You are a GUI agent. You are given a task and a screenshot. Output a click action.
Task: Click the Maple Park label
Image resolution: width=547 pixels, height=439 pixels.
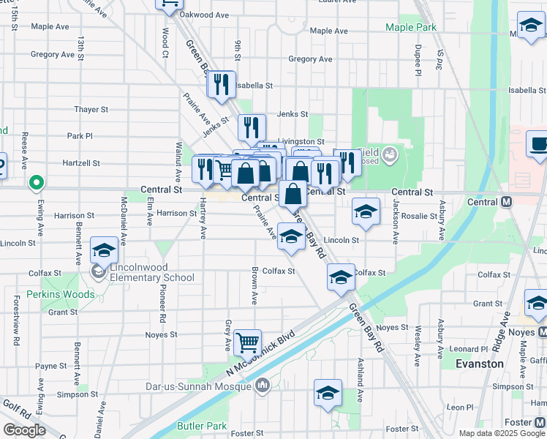click(x=412, y=27)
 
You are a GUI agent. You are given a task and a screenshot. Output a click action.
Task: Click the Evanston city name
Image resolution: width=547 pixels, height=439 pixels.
click(x=480, y=364)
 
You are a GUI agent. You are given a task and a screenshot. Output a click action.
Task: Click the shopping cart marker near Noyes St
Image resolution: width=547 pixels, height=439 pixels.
click(x=248, y=341)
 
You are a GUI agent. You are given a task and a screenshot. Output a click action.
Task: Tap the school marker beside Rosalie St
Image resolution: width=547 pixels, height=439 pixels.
click(x=366, y=211)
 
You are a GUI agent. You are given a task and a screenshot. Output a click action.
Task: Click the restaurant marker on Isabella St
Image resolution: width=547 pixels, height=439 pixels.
click(x=221, y=84)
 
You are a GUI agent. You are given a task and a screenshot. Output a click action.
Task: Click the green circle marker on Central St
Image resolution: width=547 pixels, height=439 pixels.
click(x=34, y=182)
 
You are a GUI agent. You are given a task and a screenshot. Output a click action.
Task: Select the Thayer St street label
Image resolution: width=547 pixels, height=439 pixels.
click(x=91, y=110)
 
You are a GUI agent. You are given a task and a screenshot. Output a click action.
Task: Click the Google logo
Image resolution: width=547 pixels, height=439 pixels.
click(x=25, y=429)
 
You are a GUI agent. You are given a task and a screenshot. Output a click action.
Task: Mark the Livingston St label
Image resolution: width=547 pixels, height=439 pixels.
click(x=301, y=141)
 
